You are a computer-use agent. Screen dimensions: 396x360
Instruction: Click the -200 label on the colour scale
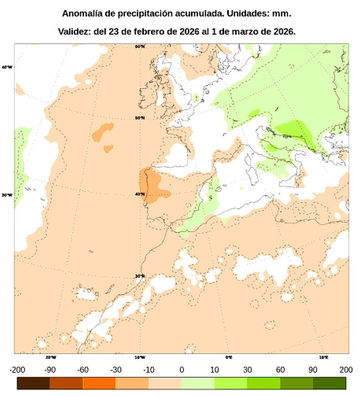(17, 370)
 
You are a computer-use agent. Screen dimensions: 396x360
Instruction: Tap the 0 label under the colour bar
(182, 370)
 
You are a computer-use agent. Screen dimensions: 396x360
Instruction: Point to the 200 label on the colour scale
(345, 370)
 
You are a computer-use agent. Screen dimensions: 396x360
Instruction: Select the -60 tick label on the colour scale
(83, 370)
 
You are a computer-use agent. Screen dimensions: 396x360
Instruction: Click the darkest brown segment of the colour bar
(34, 383)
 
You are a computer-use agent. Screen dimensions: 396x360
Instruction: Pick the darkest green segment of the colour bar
(329, 383)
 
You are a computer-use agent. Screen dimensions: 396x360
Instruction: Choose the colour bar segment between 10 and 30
(230, 383)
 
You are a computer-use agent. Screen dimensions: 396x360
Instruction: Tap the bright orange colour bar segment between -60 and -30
(99, 383)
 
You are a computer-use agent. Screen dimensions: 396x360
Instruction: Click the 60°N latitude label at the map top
(140, 47)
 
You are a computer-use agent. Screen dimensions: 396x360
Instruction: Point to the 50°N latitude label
(140, 118)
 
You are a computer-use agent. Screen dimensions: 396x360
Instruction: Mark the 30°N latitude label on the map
(140, 276)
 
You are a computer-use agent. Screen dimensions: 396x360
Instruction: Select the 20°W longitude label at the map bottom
(50, 357)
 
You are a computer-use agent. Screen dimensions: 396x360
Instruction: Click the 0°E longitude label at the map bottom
(229, 357)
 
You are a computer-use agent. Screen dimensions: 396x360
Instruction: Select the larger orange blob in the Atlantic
(103, 132)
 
